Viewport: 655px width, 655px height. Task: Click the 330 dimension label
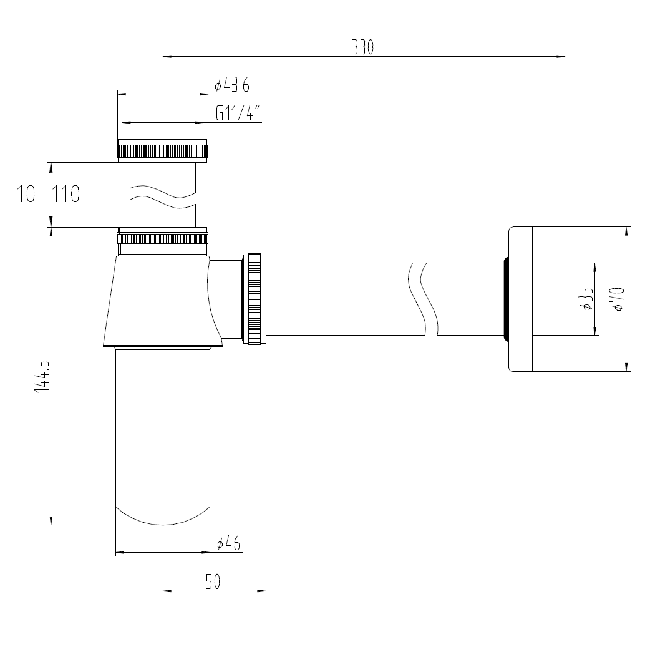[362, 47]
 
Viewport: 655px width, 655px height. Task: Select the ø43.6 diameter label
[232, 85]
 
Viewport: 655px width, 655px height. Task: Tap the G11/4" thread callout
[238, 113]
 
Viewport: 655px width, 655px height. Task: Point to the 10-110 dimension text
[49, 194]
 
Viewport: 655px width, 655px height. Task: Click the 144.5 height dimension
[42, 376]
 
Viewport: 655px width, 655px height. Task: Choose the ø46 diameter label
[228, 543]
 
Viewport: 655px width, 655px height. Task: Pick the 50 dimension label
[213, 581]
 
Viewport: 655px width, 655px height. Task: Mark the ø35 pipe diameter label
[588, 299]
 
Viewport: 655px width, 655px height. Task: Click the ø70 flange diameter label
[618, 299]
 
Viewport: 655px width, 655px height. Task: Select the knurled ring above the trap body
[163, 239]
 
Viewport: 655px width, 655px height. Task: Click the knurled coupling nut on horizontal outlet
[255, 299]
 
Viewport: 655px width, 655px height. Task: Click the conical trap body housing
[162, 301]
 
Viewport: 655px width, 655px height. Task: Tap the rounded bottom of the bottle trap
[162, 517]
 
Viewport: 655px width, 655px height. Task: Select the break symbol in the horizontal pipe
[419, 299]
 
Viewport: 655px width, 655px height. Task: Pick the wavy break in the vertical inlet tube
[162, 195]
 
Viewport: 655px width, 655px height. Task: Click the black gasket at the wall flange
[506, 299]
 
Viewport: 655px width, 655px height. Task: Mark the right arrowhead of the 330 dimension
[560, 56]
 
